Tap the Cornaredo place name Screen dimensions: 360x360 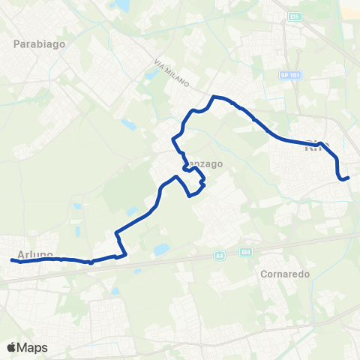click(284, 274)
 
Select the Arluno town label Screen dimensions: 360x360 click(34, 255)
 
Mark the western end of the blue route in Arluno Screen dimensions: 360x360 click(13, 260)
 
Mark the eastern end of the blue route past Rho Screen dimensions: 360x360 click(349, 177)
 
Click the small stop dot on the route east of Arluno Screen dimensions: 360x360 click(90, 262)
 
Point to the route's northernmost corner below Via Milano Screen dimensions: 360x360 click(214, 97)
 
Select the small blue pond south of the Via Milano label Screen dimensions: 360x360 click(130, 124)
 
